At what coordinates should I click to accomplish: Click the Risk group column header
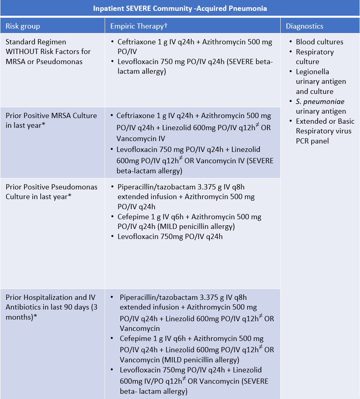click(23, 27)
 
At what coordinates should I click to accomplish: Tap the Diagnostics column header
click(304, 27)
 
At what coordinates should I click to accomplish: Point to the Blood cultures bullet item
click(319, 42)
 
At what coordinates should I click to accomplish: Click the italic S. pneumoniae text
click(320, 102)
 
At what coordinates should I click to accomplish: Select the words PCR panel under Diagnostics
click(312, 141)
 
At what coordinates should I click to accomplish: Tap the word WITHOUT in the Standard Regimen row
click(20, 52)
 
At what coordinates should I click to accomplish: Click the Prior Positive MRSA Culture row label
click(51, 116)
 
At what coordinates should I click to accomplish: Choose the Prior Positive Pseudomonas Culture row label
click(52, 187)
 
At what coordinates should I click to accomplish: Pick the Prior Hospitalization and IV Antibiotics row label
click(50, 297)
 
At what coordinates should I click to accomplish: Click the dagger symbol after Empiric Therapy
click(166, 25)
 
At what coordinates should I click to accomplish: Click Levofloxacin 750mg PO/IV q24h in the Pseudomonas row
click(170, 237)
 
